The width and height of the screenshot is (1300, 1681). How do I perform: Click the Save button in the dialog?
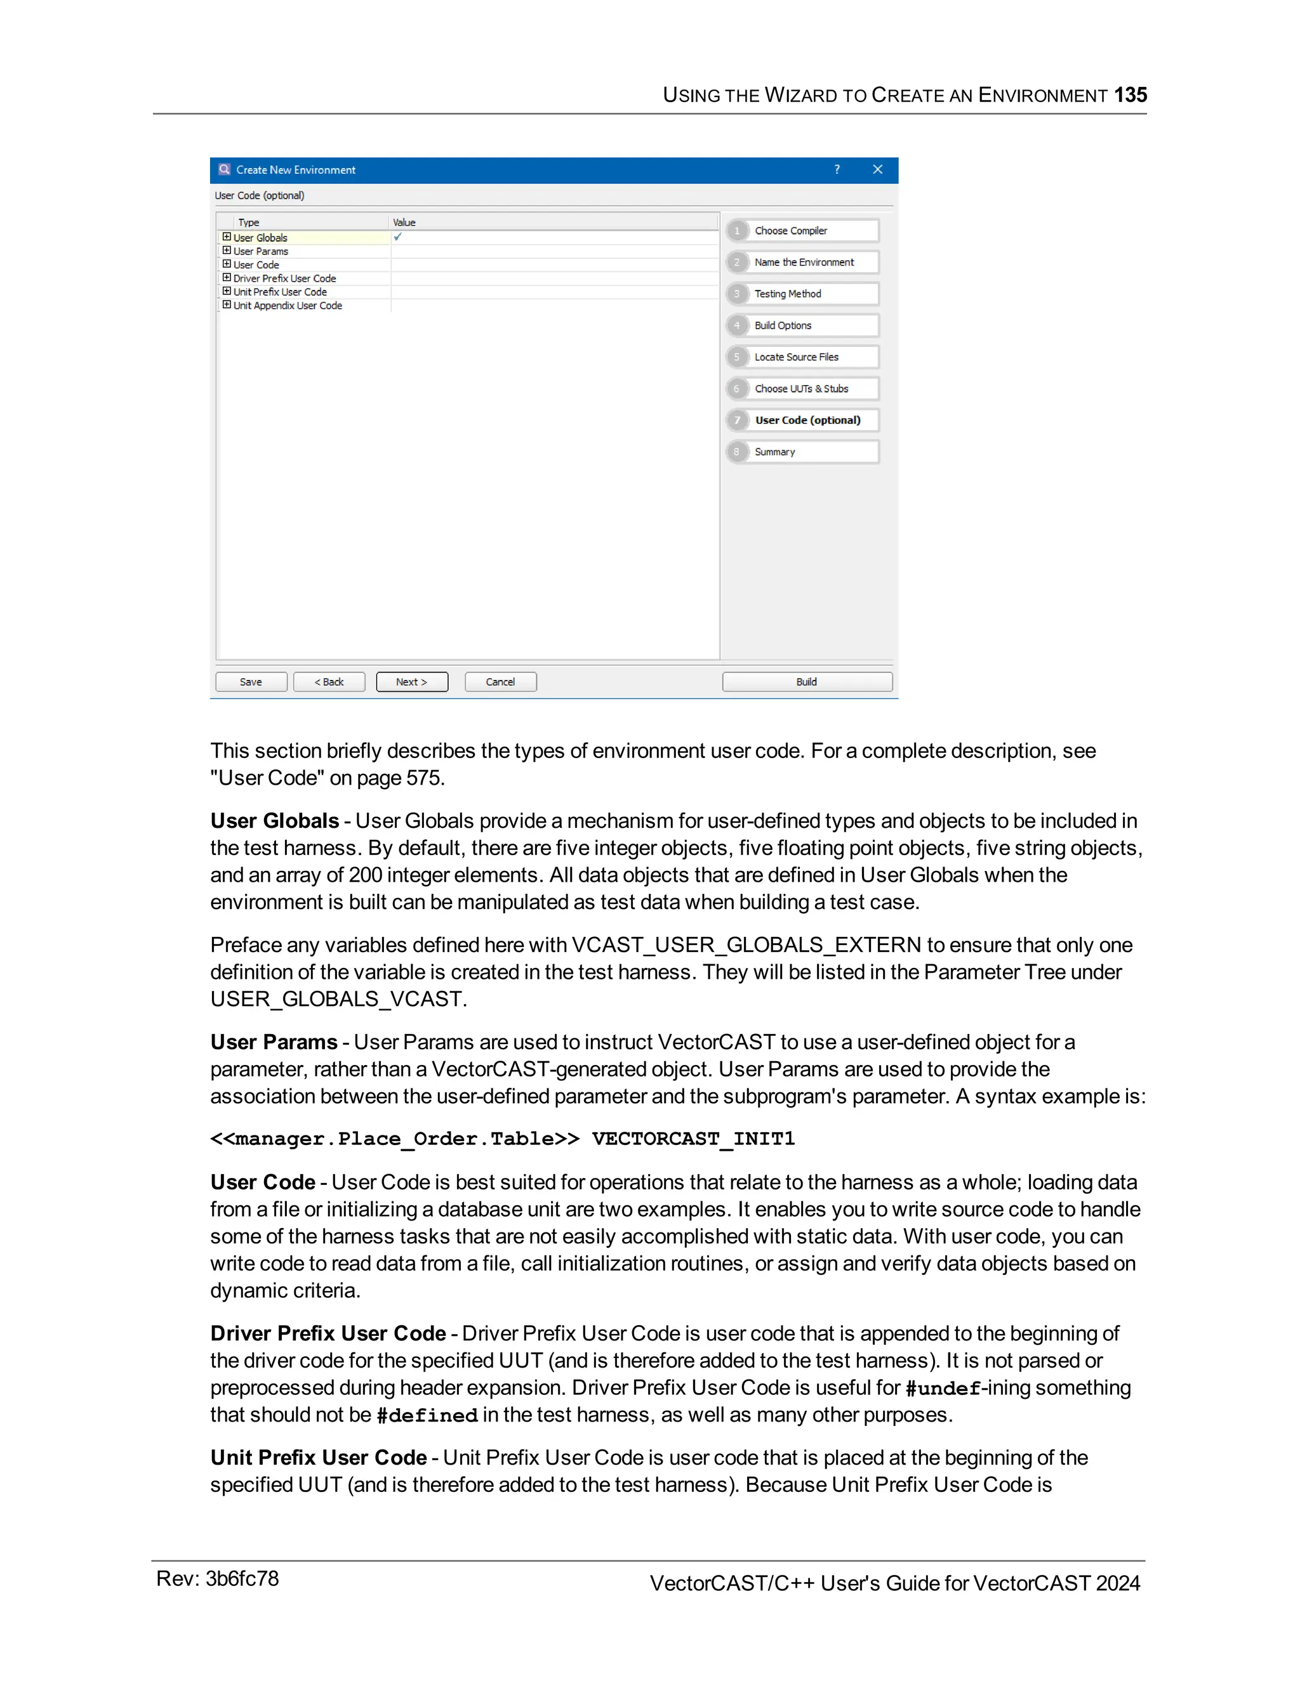251,682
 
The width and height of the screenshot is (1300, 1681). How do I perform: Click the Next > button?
411,682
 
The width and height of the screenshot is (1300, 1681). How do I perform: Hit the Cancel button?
501,682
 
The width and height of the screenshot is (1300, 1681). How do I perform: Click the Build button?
806,682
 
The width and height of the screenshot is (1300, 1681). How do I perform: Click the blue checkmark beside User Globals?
398,237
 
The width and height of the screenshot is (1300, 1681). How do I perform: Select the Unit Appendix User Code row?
288,306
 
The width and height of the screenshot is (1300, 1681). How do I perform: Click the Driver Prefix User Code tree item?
284,278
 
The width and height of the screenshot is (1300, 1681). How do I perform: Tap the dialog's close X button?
877,169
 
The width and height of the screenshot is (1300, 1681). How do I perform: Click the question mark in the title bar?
837,169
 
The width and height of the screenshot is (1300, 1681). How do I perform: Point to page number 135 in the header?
1130,95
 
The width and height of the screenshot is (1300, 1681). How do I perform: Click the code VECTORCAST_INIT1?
693,1139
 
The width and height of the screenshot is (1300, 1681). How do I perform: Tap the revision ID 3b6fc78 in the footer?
242,1579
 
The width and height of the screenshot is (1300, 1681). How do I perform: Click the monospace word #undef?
943,1389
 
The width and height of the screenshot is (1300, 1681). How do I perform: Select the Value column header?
404,223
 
